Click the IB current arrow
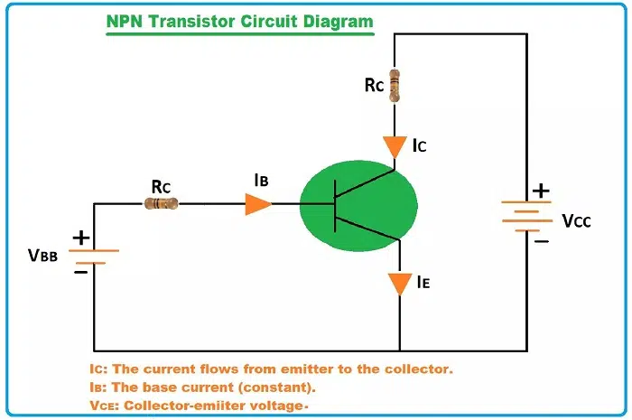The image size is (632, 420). click(257, 204)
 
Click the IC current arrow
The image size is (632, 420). click(394, 145)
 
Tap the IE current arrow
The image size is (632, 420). click(399, 284)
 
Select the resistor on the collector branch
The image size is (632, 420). click(394, 85)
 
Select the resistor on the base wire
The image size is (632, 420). click(162, 204)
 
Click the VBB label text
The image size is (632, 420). click(42, 256)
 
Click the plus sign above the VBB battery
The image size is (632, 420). click(80, 238)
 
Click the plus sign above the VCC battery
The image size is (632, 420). click(540, 191)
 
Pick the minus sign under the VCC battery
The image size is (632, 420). click(540, 240)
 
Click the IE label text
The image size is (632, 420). click(423, 283)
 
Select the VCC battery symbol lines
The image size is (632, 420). click(526, 216)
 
